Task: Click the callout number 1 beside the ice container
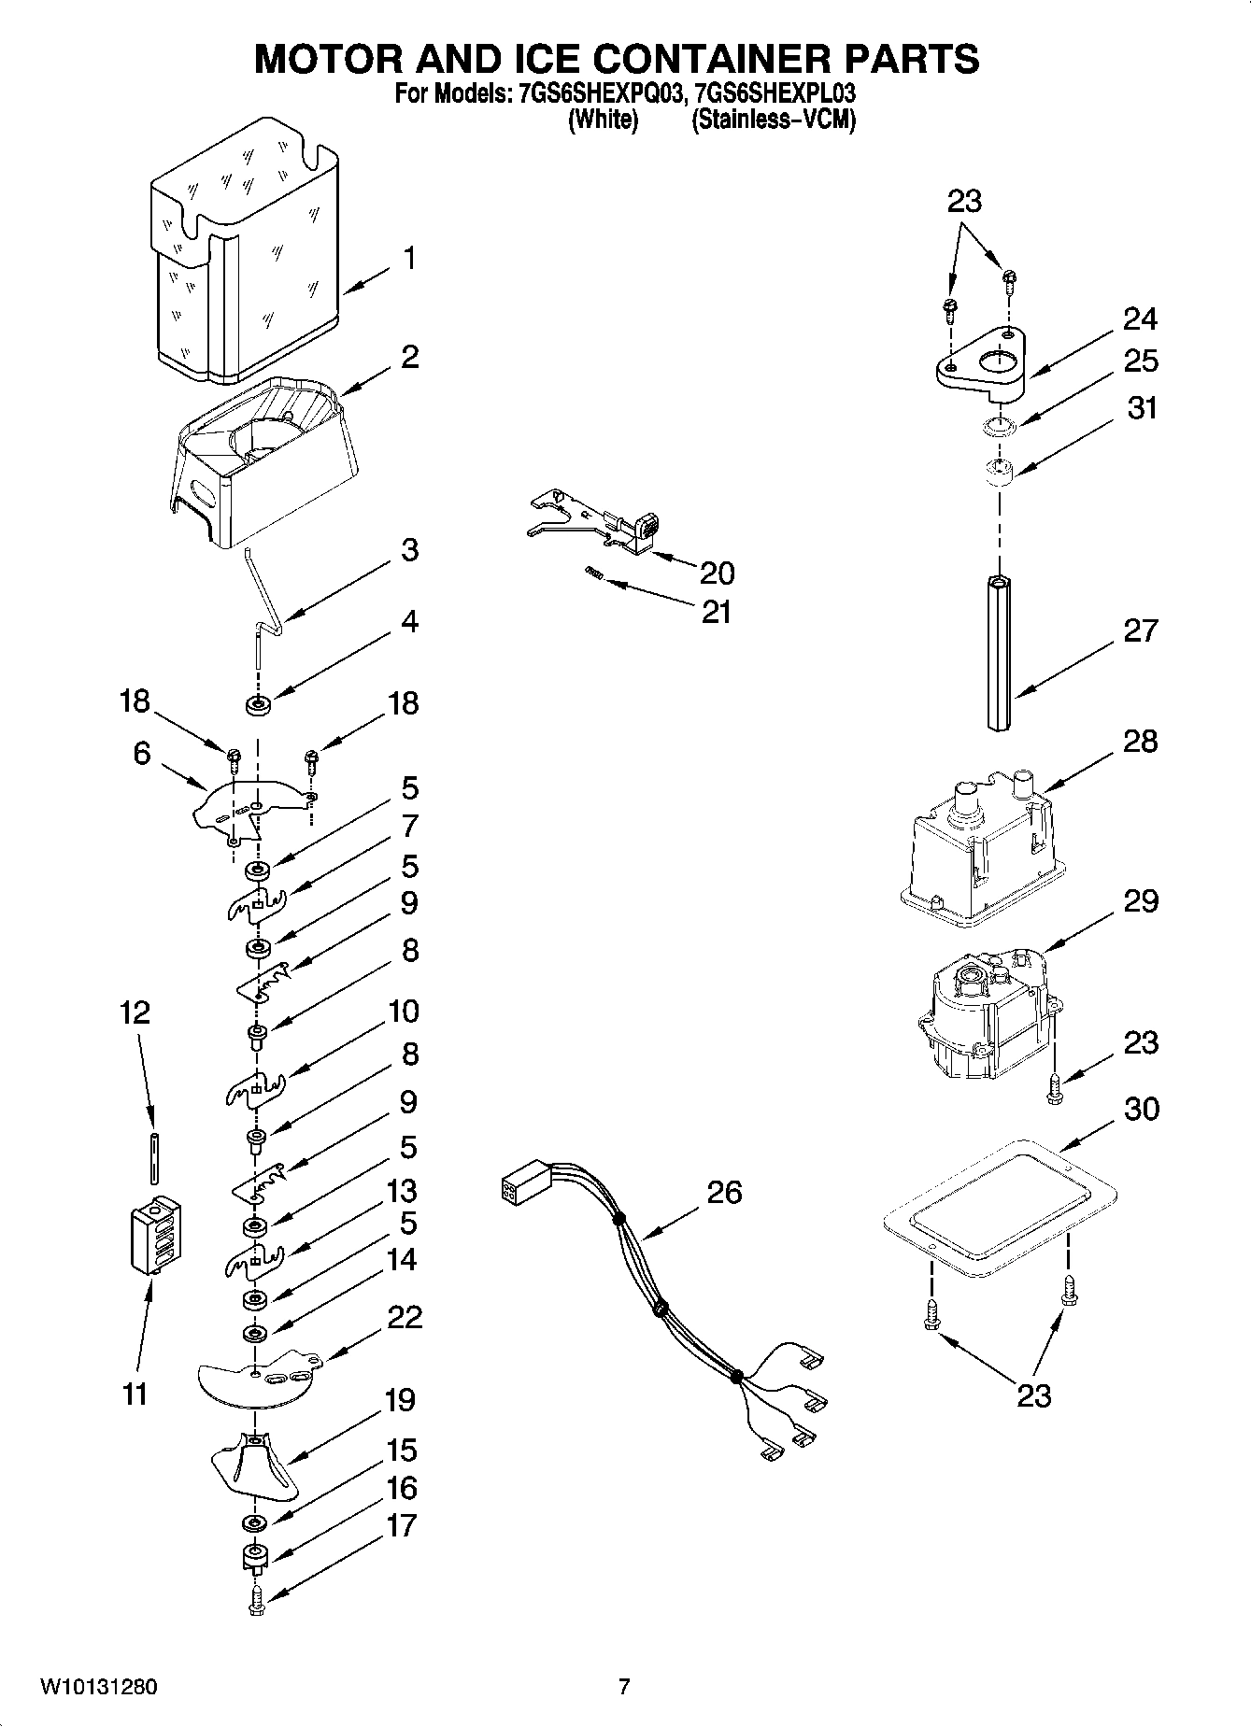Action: click(408, 258)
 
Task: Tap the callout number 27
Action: click(1140, 630)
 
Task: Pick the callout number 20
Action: click(717, 573)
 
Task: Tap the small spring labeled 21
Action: click(592, 572)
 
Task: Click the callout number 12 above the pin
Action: click(135, 1012)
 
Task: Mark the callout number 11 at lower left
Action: click(135, 1394)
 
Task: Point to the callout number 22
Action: click(405, 1317)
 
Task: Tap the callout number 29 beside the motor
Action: click(1140, 901)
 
